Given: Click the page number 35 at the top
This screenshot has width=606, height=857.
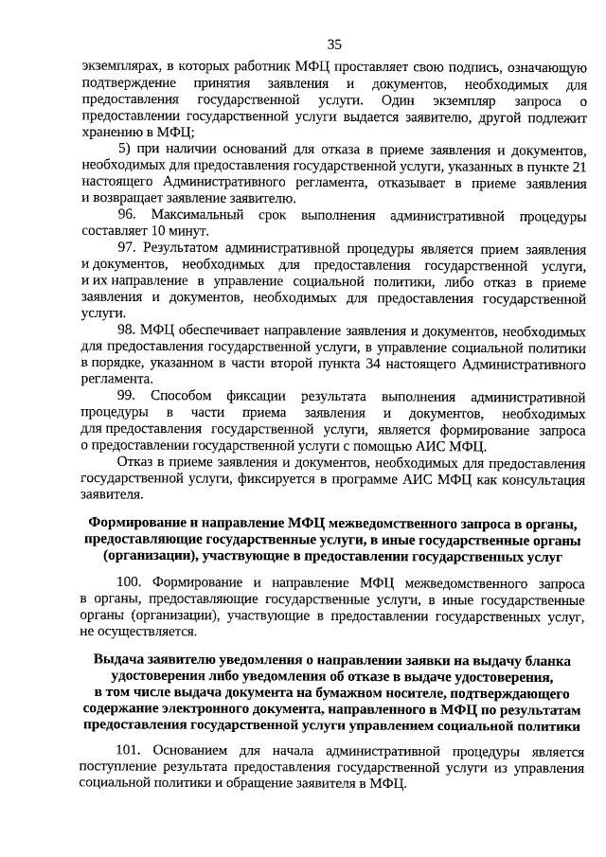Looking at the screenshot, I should coord(333,45).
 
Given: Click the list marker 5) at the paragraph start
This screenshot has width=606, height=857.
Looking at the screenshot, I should coord(125,151).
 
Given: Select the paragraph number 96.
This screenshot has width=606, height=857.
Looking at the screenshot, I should coord(128,215).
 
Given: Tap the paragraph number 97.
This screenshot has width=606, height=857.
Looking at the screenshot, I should coord(128,247).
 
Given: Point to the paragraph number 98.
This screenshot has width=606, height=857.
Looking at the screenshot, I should coord(128,330).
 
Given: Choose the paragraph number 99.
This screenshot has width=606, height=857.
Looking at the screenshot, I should coord(128,395).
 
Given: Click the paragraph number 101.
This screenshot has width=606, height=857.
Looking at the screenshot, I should coord(130,751).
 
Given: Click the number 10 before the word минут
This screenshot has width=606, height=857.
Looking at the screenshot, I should coord(158,231).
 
